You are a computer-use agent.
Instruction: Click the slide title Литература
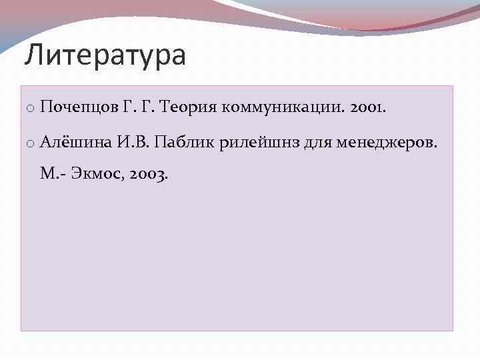click(105, 55)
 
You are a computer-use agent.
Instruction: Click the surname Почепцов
click(79, 107)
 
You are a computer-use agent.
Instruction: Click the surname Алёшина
click(73, 141)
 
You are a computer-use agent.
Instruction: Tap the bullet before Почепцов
click(31, 108)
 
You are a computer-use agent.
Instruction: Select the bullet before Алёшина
click(31, 143)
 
